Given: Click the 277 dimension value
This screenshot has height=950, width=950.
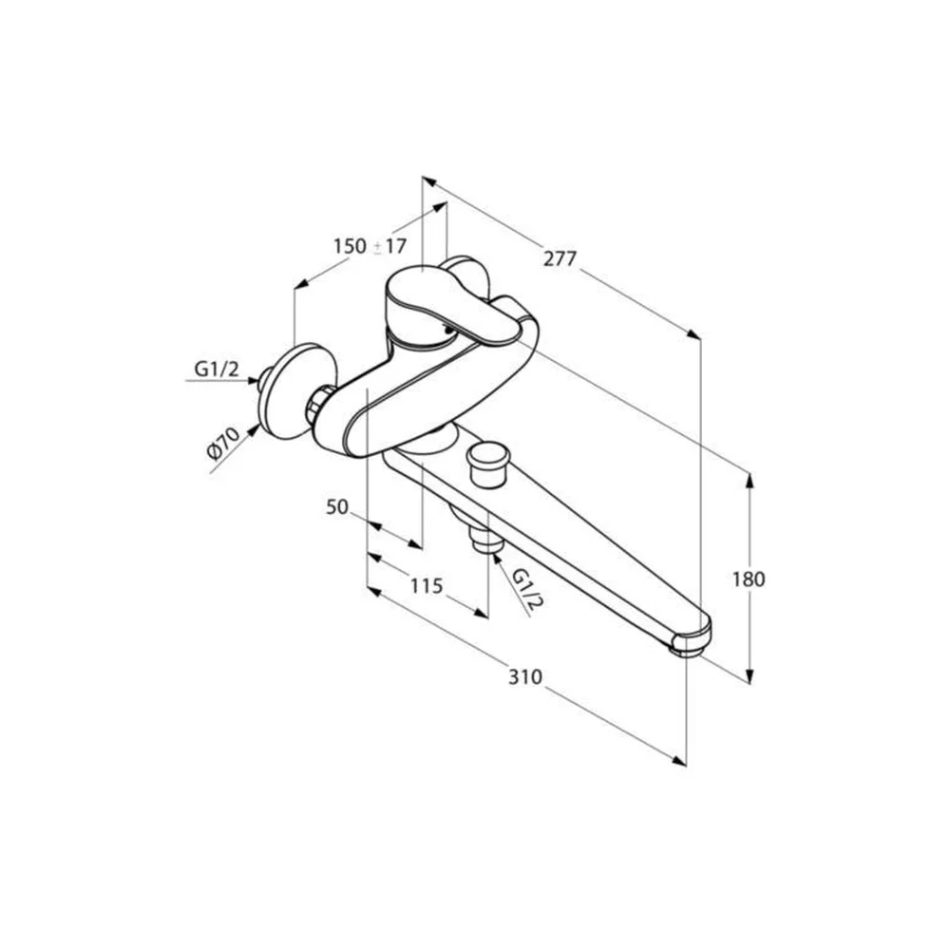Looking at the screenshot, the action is pos(560,258).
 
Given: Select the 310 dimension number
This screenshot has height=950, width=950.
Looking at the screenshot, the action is pos(524,676).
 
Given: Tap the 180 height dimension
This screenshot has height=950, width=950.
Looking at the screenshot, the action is pos(749,579).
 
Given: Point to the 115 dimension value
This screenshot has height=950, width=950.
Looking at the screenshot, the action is pos(427,586).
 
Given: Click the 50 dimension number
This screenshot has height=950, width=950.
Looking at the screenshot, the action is pos(337,506).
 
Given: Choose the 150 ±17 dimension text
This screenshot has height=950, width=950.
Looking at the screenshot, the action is pos(370,246).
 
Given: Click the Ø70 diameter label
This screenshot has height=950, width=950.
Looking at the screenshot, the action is pos(223,443).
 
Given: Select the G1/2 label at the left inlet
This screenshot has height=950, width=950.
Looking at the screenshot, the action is pos(217,369).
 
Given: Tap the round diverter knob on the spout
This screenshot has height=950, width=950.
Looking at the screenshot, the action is pos(488,463).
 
